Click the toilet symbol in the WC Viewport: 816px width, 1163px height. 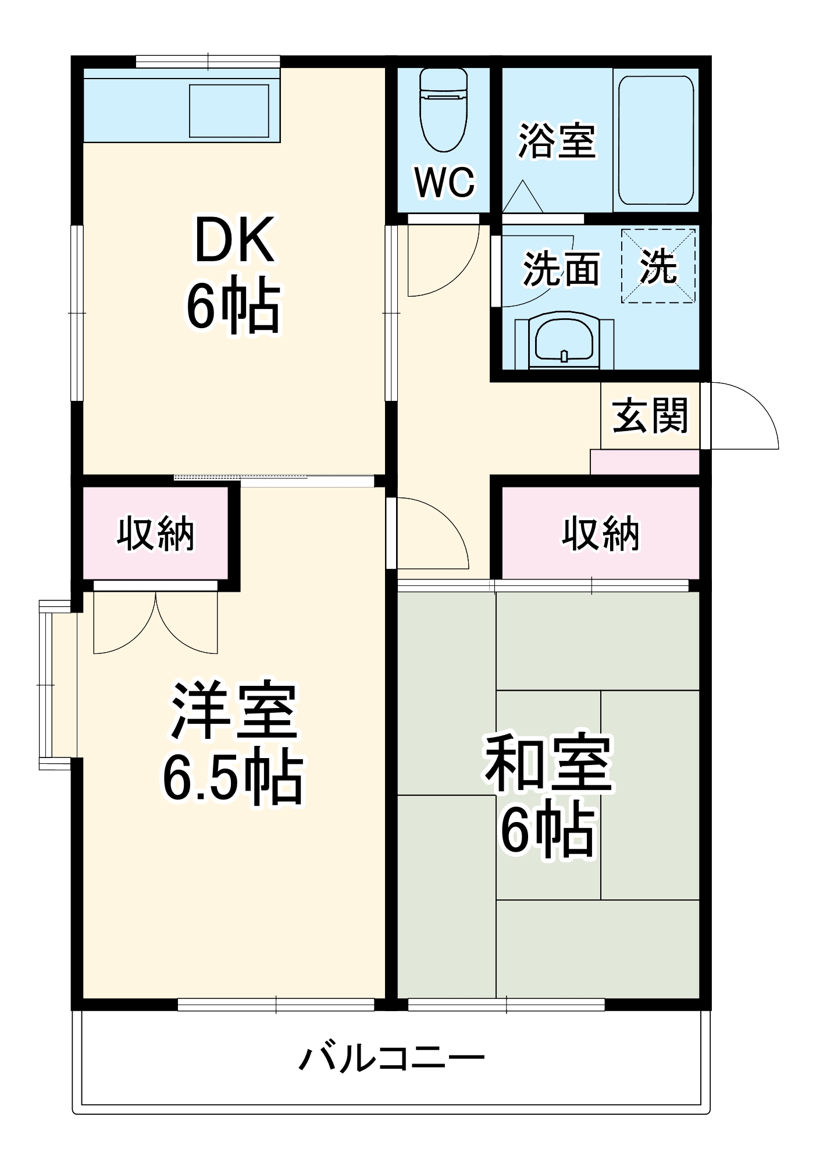tap(443, 111)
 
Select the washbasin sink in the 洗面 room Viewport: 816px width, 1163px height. tap(564, 341)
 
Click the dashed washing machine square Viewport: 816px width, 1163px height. tap(658, 266)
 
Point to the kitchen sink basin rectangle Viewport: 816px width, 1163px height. tap(229, 111)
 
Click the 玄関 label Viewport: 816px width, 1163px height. tap(650, 415)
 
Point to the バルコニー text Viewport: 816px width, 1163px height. tap(391, 1058)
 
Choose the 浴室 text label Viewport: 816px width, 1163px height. tap(557, 140)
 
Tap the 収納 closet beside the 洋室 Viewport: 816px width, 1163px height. tap(155, 533)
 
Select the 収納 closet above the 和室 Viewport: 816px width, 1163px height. tap(600, 533)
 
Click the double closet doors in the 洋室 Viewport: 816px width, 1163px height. tap(156, 623)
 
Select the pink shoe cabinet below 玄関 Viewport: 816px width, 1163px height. tap(644, 462)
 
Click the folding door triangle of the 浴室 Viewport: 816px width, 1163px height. tap(522, 198)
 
